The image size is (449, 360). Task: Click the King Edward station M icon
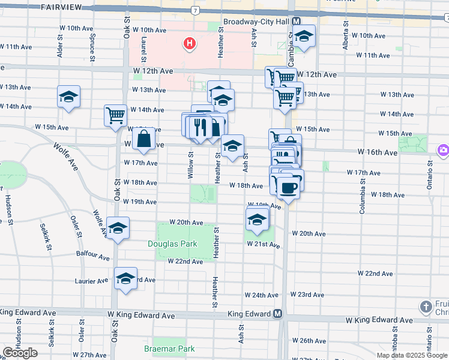tap(278, 314)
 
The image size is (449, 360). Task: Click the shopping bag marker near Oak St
tap(145, 140)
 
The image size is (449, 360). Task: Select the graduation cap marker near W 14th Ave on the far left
tap(69, 97)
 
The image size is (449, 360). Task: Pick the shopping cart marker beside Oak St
tap(115, 115)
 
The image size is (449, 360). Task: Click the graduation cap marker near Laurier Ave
tap(125, 279)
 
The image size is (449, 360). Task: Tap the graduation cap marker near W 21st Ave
tap(257, 219)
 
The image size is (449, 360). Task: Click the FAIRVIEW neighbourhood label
tap(62, 7)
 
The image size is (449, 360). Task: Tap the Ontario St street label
tap(430, 176)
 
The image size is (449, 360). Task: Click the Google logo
tap(20, 353)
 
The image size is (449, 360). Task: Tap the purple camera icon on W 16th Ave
tap(444, 149)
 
